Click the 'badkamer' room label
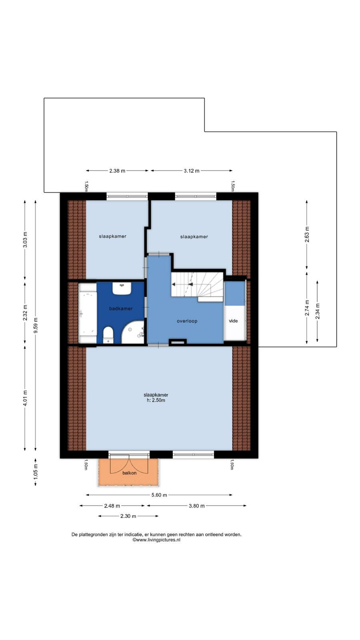click(x=121, y=308)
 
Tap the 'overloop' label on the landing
click(x=187, y=321)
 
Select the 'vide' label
click(x=234, y=321)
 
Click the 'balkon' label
click(x=130, y=473)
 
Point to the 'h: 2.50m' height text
click(x=156, y=400)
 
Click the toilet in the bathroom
click(x=108, y=335)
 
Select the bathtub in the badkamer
click(x=88, y=313)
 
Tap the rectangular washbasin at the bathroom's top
click(x=122, y=288)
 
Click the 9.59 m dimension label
click(x=36, y=326)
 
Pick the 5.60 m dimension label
click(x=159, y=495)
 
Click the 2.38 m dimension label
click(x=117, y=171)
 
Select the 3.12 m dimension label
click(x=192, y=171)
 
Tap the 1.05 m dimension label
click(x=36, y=472)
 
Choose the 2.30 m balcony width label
click(x=128, y=516)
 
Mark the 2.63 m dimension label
click(x=307, y=234)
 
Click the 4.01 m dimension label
click(x=25, y=398)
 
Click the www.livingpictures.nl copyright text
click(x=156, y=540)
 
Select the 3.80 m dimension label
click(x=196, y=506)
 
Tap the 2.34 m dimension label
click(x=318, y=311)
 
